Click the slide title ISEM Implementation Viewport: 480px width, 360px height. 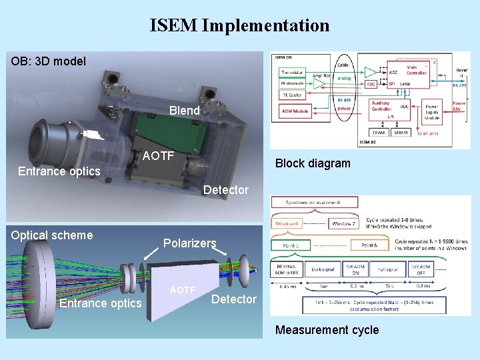pos(239,26)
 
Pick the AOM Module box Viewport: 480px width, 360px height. pos(295,111)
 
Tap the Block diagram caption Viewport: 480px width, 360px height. pos(313,163)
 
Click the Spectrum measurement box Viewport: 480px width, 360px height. pos(314,203)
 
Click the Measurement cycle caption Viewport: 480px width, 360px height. pos(327,330)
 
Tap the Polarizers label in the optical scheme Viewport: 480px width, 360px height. pos(190,243)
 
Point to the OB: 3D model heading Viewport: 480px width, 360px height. pos(49,61)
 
